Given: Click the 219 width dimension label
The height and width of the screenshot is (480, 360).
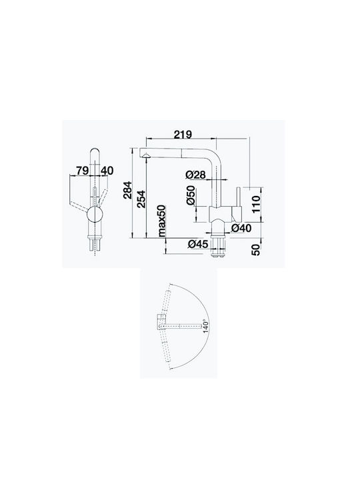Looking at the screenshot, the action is (183, 135).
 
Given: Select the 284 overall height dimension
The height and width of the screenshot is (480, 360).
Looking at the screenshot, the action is (127, 190).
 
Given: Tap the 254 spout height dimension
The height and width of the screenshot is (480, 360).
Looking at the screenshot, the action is (141, 199).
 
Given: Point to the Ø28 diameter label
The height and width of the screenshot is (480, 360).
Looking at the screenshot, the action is (195, 175).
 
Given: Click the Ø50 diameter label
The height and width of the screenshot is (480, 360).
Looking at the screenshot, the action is (191, 195).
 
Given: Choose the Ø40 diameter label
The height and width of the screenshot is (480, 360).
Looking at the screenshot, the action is (241, 228).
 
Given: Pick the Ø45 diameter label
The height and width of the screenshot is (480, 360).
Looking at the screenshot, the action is (198, 244).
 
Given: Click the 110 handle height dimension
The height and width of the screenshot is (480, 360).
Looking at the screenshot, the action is (255, 205).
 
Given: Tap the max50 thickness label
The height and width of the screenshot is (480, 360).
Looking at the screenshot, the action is (161, 221).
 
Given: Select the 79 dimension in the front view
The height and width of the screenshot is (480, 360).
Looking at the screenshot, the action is (83, 171).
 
